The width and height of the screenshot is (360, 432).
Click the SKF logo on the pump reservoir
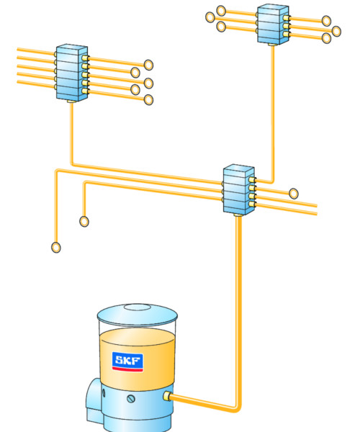click(127, 361)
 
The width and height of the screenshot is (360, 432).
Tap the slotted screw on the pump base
click(131, 398)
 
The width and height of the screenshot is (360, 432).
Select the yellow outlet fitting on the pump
click(167, 396)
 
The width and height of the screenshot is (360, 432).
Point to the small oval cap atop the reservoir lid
click(138, 307)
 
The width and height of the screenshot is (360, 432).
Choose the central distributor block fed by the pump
click(238, 189)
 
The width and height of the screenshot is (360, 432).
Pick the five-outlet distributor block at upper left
click(72, 73)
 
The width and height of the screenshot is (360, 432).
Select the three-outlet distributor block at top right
click(273, 24)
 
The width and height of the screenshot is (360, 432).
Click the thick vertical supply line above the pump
click(238, 311)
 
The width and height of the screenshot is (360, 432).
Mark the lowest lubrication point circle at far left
click(56, 248)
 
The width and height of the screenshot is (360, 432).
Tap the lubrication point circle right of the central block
click(294, 194)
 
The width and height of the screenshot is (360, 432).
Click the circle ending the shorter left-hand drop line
click(84, 221)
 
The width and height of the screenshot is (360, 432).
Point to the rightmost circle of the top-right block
click(336, 31)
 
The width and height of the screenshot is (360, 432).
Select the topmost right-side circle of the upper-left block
click(148, 65)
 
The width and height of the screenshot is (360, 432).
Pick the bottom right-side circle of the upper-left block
click(148, 100)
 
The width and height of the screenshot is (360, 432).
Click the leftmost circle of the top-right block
click(210, 17)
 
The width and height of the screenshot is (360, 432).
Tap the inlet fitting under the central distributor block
click(238, 215)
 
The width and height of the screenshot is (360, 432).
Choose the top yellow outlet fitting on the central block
click(252, 180)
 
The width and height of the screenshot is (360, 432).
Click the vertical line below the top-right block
click(273, 113)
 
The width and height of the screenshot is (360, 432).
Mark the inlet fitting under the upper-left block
click(71, 102)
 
